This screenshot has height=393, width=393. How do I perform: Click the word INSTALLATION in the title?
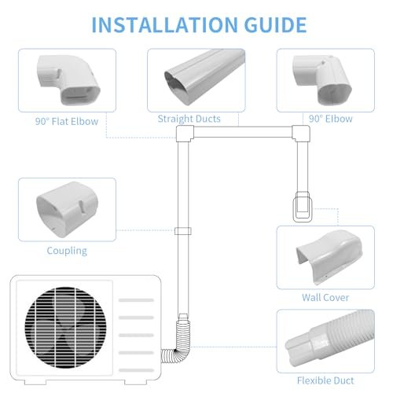tap(165, 25)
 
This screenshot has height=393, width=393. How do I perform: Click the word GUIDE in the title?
tap(275, 25)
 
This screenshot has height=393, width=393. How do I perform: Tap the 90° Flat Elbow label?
tap(67, 121)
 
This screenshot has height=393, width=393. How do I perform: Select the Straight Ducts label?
tap(189, 119)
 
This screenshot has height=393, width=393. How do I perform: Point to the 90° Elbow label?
tap(331, 119)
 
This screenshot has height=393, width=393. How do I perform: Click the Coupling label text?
tap(67, 251)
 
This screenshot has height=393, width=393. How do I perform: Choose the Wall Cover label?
tap(325, 297)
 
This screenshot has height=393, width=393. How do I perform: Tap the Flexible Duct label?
tap(325, 380)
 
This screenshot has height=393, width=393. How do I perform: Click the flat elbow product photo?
tap(68, 80)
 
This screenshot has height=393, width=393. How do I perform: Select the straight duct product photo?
tap(204, 77)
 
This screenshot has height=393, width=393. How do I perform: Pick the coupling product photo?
tap(67, 209)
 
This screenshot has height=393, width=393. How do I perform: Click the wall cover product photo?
tap(329, 257)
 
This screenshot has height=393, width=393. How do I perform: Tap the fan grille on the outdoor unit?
tap(66, 327)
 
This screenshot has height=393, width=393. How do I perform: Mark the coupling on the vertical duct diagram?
tap(183, 231)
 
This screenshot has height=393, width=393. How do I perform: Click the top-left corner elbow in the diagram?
tap(185, 134)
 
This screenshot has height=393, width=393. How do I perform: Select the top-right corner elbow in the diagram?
tap(301, 134)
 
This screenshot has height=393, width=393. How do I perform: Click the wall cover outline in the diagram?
tap(303, 207)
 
